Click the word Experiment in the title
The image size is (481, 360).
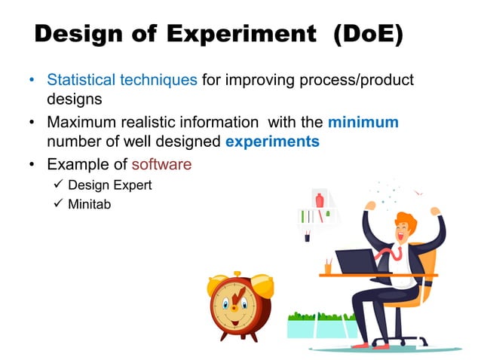coord(243,35)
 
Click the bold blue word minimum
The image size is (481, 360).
coord(363,122)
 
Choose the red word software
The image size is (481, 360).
coord(162,163)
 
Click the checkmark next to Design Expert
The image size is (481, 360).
coord(55,185)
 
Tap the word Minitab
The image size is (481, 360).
coord(90,203)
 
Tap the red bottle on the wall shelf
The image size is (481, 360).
coord(320,201)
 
